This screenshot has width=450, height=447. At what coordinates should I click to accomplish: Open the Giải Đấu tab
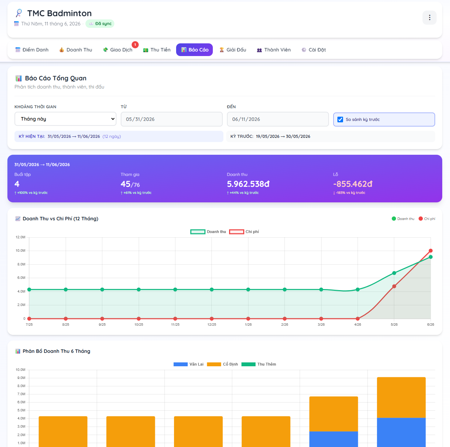tap(233, 50)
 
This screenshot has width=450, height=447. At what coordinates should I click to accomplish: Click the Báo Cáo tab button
tap(194, 50)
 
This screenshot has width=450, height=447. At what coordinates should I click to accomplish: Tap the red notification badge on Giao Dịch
tap(135, 44)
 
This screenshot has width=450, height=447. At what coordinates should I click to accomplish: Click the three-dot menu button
tap(429, 18)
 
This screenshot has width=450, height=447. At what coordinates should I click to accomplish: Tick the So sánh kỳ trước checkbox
tap(340, 120)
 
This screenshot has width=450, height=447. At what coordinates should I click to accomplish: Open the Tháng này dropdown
tap(65, 119)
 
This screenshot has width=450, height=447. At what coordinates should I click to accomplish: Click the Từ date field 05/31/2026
tap(172, 119)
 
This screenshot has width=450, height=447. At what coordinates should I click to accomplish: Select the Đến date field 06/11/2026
tap(278, 119)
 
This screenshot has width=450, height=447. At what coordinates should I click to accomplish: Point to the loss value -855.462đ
tap(353, 184)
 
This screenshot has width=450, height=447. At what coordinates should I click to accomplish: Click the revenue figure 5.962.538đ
tap(248, 184)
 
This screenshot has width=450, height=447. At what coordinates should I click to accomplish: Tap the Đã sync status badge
tap(100, 24)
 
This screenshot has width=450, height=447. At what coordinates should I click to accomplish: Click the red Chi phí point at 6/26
tap(431, 251)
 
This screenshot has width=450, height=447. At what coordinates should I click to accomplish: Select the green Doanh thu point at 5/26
tap(394, 273)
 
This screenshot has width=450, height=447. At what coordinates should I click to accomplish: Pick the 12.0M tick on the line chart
tap(20, 237)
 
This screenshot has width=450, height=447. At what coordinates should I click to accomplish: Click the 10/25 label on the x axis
tap(139, 325)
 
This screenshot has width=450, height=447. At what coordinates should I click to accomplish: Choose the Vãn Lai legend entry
tap(188, 364)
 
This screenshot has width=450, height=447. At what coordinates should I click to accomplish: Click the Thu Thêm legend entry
tap(258, 364)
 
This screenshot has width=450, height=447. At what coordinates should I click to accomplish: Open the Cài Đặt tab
tap(313, 50)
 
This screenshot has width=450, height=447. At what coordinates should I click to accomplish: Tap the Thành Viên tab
tap(274, 50)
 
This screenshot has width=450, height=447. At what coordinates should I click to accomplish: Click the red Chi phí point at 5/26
tap(394, 286)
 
